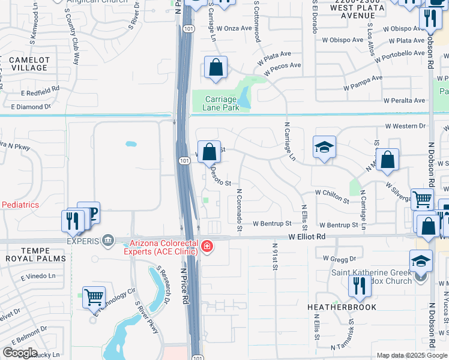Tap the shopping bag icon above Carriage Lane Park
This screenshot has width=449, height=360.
(215, 68)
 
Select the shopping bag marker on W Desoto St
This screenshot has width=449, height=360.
(209, 152)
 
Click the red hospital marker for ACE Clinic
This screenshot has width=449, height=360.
(207, 247)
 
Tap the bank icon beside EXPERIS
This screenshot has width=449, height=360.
(107, 241)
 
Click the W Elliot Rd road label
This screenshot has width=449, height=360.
(307, 237)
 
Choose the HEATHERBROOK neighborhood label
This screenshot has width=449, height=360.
(342, 307)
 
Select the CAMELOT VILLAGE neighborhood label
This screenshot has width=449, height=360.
(25, 64)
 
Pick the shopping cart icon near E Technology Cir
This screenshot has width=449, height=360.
(94, 296)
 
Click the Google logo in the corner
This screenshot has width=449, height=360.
(20, 353)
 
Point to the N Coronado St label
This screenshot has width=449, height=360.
(239, 211)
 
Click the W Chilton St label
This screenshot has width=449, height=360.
(331, 196)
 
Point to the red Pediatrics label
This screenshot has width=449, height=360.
(20, 205)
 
